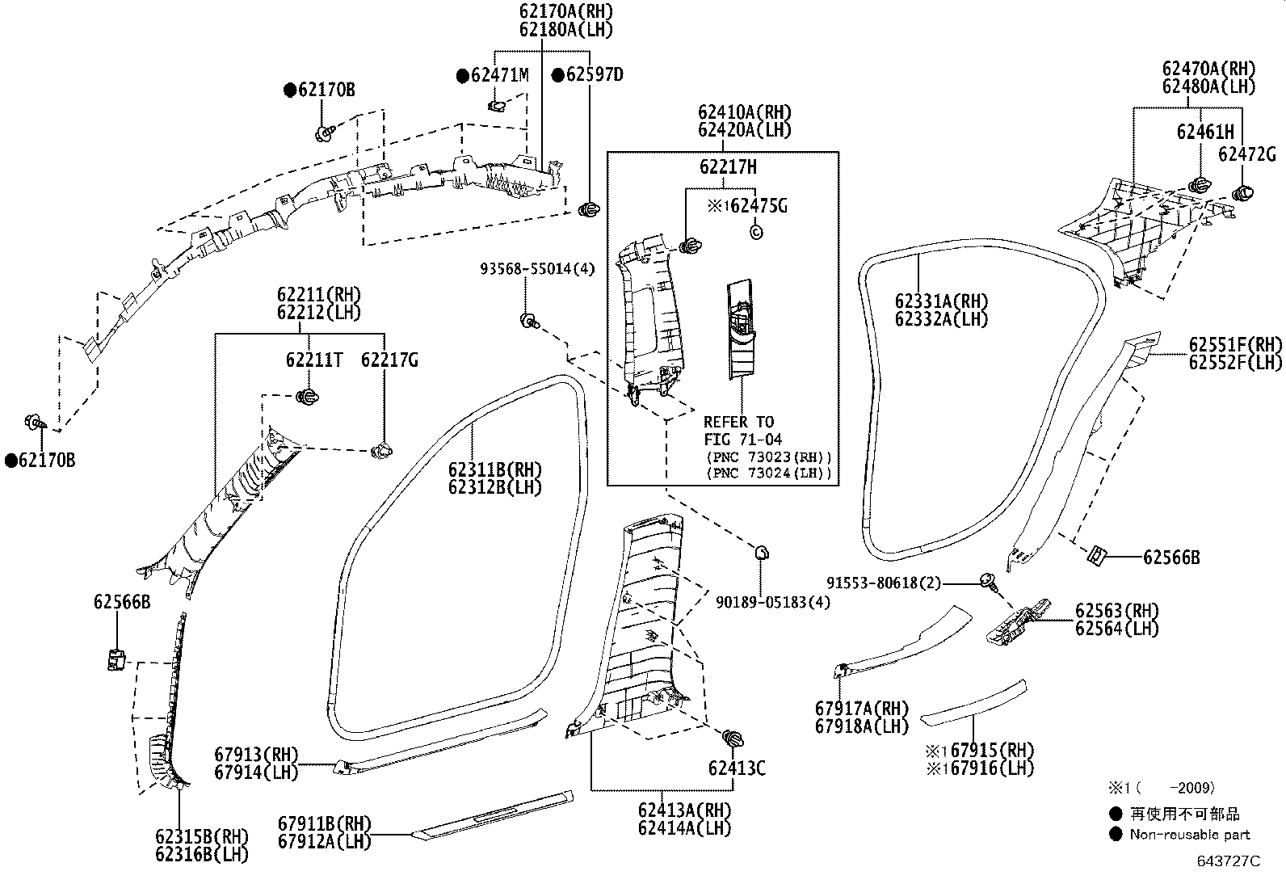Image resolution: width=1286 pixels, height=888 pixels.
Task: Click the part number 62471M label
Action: [499, 75]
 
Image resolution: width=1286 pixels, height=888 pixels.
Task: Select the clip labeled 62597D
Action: [589, 210]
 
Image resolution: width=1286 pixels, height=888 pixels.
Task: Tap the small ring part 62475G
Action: [756, 233]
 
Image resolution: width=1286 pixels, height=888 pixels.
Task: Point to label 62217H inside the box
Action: [728, 167]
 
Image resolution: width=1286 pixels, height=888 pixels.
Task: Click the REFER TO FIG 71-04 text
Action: [738, 431]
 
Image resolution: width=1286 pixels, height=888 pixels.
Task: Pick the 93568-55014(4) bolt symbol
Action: [528, 321]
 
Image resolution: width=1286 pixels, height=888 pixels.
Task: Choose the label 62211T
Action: [313, 360]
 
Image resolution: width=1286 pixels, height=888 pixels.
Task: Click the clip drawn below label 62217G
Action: [384, 450]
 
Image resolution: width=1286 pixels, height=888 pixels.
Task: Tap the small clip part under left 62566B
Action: [116, 659]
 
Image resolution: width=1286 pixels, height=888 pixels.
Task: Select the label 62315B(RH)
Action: [202, 836]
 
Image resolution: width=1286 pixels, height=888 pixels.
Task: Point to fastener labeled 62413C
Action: [733, 739]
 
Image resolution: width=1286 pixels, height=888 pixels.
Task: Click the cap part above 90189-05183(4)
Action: [762, 553]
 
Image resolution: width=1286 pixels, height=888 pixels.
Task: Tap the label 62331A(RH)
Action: [941, 301]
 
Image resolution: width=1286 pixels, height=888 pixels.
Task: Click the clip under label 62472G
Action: [1242, 193]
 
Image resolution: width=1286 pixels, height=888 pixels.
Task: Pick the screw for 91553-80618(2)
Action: [987, 580]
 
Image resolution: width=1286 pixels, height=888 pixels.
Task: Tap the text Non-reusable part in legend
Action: [1189, 835]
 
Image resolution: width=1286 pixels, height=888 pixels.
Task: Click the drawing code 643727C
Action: [1228, 861]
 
